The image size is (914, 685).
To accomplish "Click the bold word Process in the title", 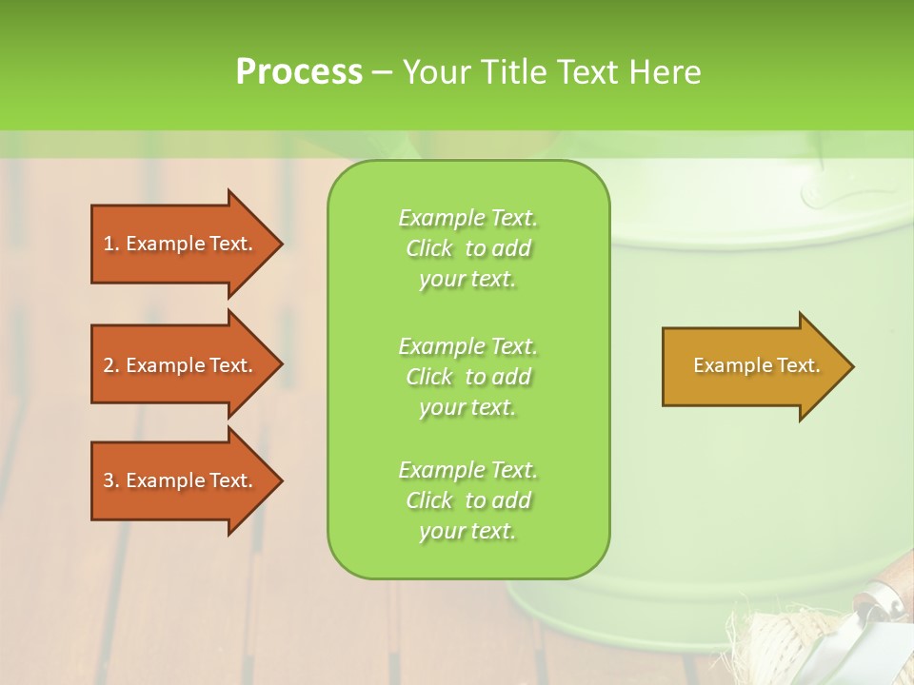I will (x=299, y=72).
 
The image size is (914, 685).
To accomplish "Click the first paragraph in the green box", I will (x=467, y=248).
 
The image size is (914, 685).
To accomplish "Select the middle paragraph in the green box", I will (x=467, y=377).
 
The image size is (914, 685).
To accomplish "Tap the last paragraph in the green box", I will (x=467, y=500).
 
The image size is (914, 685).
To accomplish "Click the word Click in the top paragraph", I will (x=429, y=248).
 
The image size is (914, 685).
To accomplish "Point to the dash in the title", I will (x=382, y=72).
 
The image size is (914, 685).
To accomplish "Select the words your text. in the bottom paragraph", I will (x=467, y=531).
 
